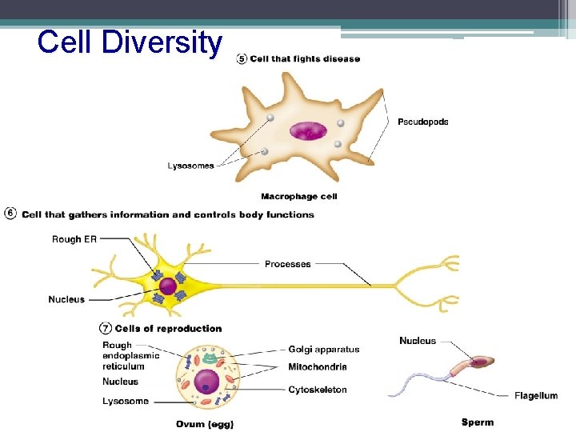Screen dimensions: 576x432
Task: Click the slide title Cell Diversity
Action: pos(130,42)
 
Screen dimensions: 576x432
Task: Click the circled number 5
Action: pos(242,58)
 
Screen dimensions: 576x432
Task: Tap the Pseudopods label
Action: pos(422,122)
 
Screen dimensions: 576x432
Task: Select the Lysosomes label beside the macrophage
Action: pos(190,166)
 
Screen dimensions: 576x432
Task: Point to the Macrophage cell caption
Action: pos(298,196)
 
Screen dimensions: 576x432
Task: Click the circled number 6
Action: pos(10,214)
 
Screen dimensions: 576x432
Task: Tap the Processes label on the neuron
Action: pos(287,264)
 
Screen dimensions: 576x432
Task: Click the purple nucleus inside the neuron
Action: pos(168,286)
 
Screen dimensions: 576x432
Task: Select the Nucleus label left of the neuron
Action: pos(66,300)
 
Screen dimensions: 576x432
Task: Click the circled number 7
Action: pos(105,328)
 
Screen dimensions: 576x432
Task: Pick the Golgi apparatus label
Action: pos(323,350)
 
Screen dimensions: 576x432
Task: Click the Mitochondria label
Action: pos(318,367)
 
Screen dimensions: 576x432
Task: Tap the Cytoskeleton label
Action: pos(318,390)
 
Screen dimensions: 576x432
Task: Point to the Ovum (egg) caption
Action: pos(206,424)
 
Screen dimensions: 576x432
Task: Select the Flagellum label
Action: pos(535,396)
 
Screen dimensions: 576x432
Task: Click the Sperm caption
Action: pos(478,422)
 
